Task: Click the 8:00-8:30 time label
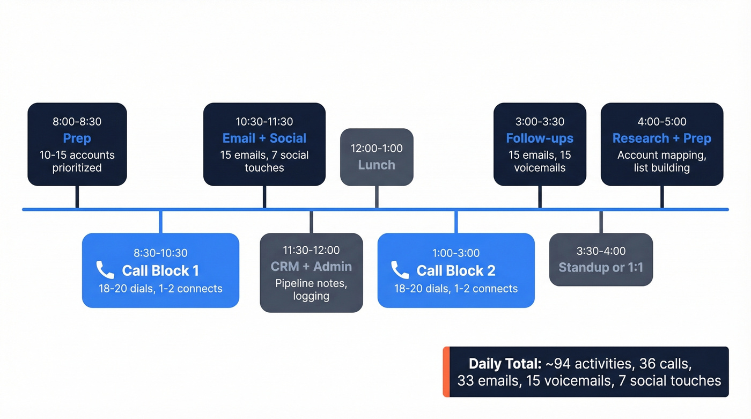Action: point(77,121)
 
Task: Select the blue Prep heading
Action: point(77,138)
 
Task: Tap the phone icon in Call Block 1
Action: point(105,270)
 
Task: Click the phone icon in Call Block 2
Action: point(400,270)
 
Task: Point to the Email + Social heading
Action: point(264,138)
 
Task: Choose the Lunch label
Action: point(377,165)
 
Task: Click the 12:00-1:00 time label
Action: point(377,148)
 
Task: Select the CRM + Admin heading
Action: point(311,267)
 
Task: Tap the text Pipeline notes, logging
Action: point(311,290)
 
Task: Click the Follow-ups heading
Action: point(540,138)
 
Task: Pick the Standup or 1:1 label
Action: point(601,267)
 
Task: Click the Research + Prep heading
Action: point(661,138)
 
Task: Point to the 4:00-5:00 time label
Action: point(661,121)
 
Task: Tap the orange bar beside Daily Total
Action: point(446,372)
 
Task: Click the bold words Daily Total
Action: point(505,364)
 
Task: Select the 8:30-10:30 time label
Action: point(160,253)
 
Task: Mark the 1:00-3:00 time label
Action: point(456,253)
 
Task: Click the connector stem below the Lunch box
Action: point(377,197)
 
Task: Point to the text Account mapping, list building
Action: point(661,161)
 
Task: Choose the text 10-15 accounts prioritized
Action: point(77,161)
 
